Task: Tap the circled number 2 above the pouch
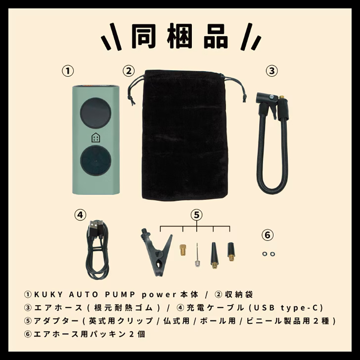129,71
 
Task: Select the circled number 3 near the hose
271,71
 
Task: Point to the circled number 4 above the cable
80,215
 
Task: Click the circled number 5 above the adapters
196,215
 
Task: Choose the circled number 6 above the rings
268,234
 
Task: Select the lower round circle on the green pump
95,161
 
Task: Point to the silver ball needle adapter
197,256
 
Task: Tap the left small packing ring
265,253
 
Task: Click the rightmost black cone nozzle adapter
231,251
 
